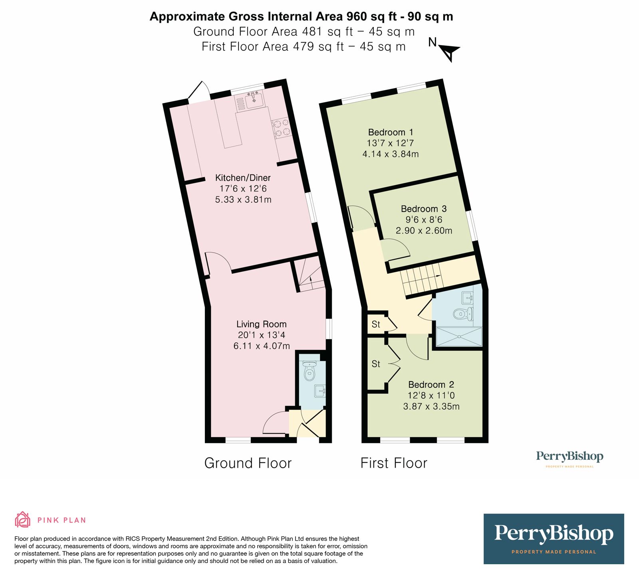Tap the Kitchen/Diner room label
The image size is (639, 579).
click(243, 178)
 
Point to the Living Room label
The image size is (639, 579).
click(261, 324)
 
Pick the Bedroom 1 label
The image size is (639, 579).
click(390, 132)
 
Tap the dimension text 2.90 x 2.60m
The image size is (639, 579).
click(424, 231)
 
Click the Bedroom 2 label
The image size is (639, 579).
click(431, 385)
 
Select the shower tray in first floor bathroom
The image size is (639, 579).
click(459, 336)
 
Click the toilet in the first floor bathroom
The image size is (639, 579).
click(461, 314)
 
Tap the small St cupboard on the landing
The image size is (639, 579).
click(376, 324)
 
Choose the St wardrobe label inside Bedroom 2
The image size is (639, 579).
click(376, 364)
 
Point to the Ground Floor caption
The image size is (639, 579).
click(248, 463)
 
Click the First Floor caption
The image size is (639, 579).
click(393, 463)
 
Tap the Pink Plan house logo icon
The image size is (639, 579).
click(23, 520)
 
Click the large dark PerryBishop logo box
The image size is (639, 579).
click(554, 539)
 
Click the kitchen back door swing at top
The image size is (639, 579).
click(199, 92)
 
